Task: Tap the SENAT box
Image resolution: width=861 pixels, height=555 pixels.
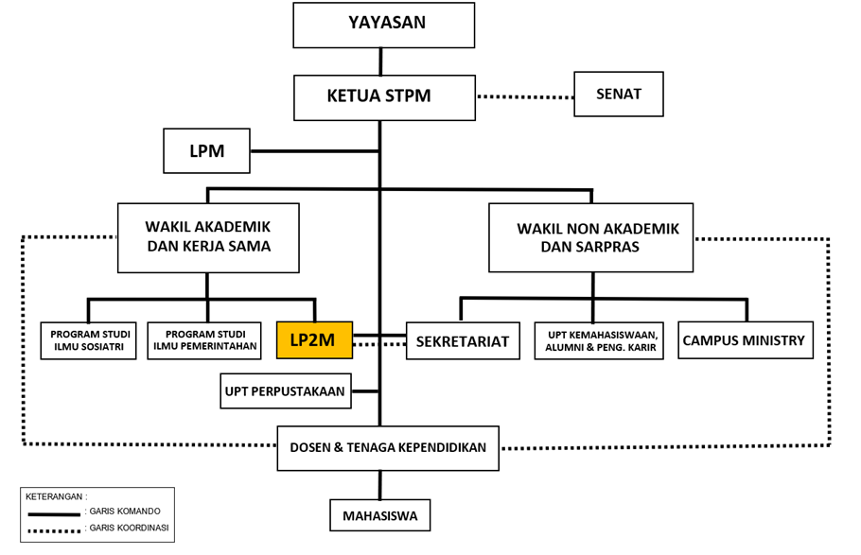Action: [x=618, y=95]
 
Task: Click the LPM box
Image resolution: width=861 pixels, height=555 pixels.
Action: [x=206, y=150]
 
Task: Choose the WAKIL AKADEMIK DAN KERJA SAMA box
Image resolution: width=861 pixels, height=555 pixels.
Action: [x=207, y=237]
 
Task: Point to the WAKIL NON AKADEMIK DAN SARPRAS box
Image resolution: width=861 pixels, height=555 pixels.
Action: [x=590, y=237]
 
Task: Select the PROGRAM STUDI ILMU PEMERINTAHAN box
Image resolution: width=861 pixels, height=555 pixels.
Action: [x=204, y=341]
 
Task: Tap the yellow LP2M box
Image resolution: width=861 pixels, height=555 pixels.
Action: [x=313, y=340]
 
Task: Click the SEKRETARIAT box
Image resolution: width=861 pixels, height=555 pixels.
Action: [x=463, y=341]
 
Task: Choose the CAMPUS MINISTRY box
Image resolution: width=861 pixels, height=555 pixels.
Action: [x=746, y=340]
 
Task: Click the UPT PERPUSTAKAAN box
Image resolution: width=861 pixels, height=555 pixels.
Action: [x=285, y=390]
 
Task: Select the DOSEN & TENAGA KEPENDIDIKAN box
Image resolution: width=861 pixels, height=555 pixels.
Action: [x=387, y=447]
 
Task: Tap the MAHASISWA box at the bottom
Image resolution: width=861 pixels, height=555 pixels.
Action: [x=379, y=516]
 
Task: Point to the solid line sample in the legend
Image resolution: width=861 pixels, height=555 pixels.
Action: [x=55, y=513]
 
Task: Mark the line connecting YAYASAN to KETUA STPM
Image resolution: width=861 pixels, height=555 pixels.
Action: [x=380, y=61]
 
